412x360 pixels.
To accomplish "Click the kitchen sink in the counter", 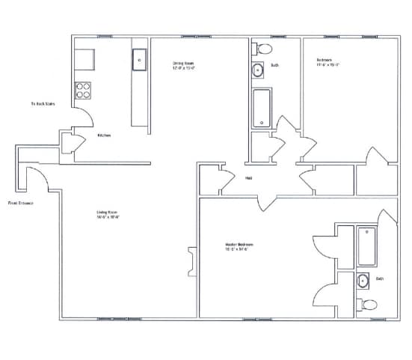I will tap(138, 60).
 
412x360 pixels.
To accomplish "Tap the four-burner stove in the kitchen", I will tap(84, 91).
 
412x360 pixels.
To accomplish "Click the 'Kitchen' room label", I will tap(104, 135).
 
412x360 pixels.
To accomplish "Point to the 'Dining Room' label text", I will tap(183, 63).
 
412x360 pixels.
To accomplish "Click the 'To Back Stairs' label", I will tap(43, 104).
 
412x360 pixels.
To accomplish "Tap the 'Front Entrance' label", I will tap(20, 202).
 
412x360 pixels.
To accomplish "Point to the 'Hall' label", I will tap(248, 177).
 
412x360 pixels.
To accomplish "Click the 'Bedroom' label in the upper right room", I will tap(324, 60).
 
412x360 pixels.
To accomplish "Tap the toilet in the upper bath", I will tap(262, 49).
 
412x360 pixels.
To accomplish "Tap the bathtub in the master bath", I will tap(366, 246).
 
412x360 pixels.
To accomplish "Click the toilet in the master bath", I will tap(369, 305).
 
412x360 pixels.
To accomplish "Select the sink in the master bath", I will tap(363, 281).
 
